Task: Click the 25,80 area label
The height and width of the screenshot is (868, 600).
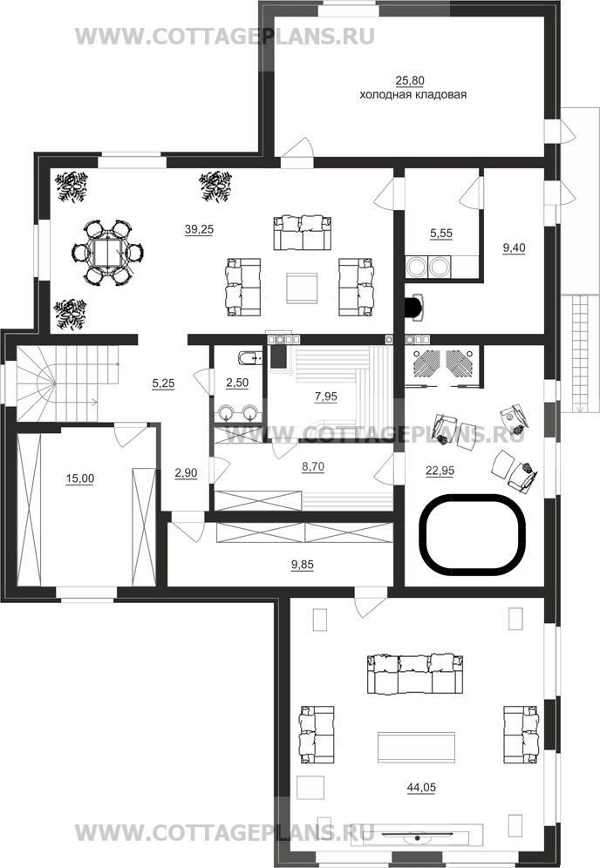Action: (409, 81)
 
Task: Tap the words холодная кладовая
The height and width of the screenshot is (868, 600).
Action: (412, 95)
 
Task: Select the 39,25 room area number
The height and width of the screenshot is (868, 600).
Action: (199, 229)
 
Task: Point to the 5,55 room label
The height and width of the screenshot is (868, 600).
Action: (441, 234)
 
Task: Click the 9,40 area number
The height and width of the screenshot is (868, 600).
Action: (514, 248)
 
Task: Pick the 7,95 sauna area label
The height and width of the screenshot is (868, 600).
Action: (326, 397)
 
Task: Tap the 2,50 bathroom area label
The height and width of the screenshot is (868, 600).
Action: (237, 383)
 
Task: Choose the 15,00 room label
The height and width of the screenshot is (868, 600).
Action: (80, 478)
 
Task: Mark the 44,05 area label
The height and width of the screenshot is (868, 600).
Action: (421, 787)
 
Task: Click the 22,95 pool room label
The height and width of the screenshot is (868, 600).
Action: (440, 471)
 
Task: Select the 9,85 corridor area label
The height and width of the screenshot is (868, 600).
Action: (303, 565)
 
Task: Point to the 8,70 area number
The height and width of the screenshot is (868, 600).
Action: (313, 466)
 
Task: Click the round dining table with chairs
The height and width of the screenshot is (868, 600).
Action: (108, 253)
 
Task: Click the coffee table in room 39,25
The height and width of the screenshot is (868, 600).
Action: (302, 288)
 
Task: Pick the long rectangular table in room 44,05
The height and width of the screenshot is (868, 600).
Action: (417, 748)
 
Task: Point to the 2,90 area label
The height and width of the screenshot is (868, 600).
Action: (186, 473)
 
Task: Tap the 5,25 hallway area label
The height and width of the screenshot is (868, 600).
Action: (163, 383)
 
